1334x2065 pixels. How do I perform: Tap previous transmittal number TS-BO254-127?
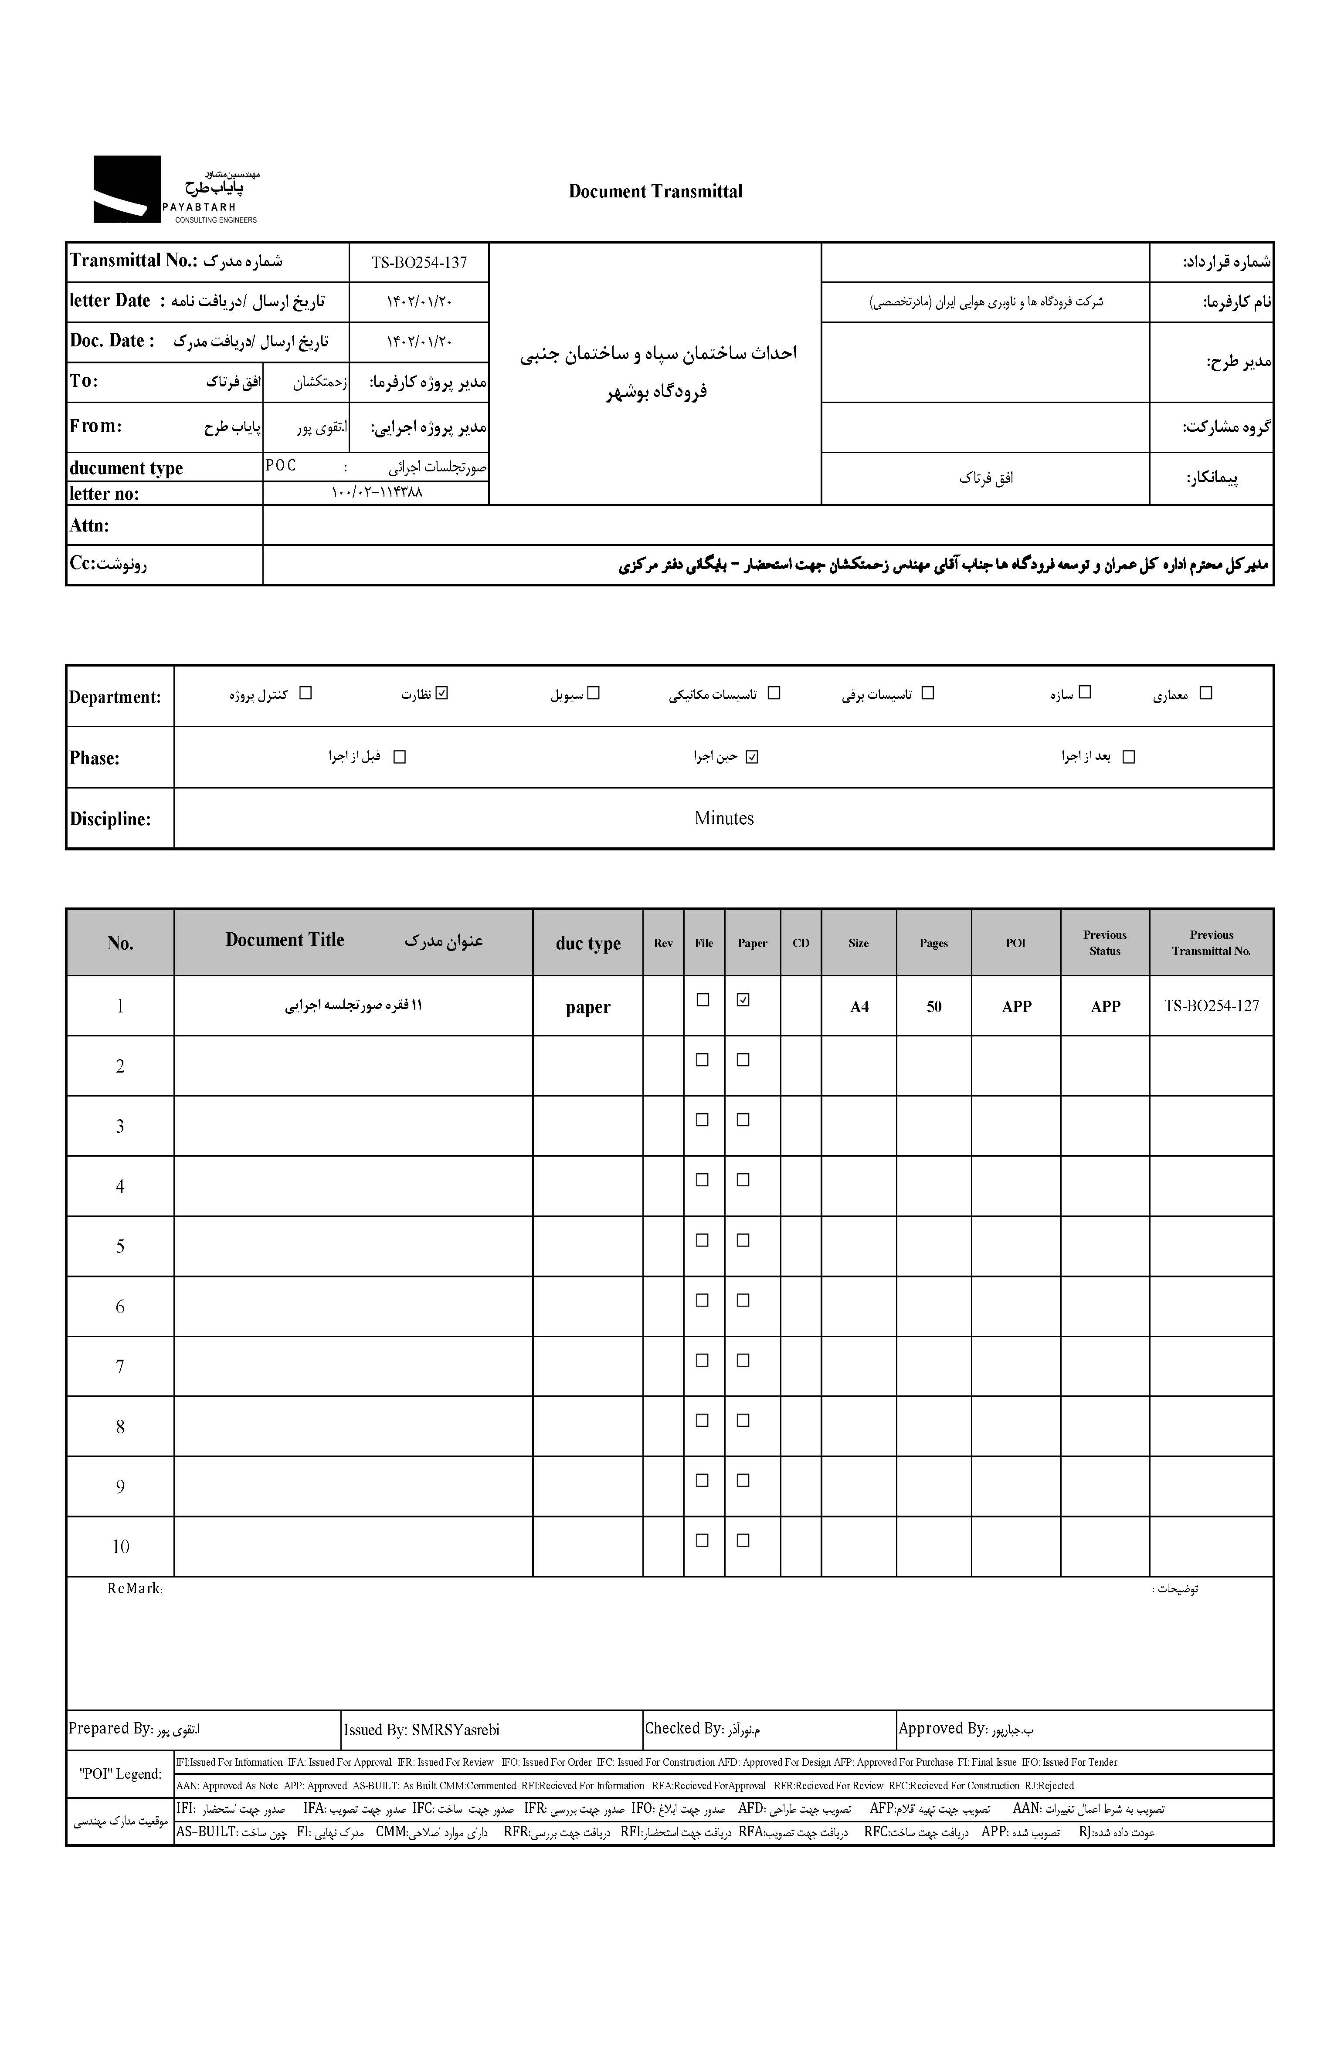coord(1211,1006)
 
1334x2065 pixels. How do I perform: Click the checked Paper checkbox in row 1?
coord(742,1000)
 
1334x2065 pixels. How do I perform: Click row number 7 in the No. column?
coord(120,1367)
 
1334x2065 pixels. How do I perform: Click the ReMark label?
coord(135,1589)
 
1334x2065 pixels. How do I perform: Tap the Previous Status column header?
coord(1104,943)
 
